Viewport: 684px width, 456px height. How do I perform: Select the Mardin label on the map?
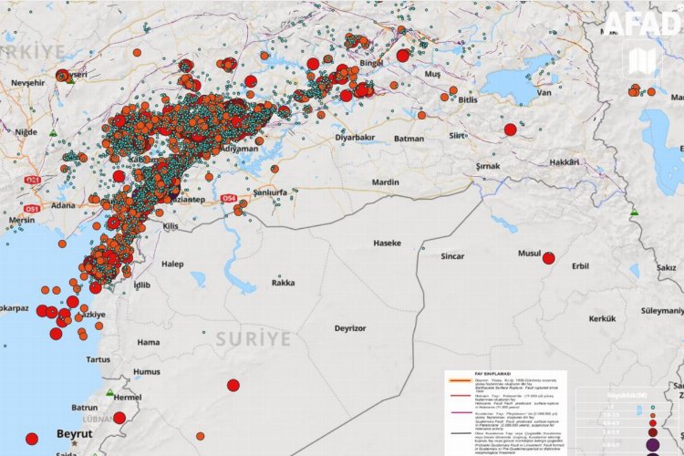pyautogui.click(x=386, y=182)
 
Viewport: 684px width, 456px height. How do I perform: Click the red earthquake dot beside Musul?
pyautogui.click(x=548, y=258)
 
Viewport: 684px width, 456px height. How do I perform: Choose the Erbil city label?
pyautogui.click(x=580, y=266)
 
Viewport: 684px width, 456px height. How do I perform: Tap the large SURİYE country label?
pyautogui.click(x=254, y=339)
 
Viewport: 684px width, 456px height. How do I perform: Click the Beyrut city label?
pyautogui.click(x=74, y=434)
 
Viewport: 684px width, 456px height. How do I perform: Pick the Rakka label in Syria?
pyautogui.click(x=283, y=283)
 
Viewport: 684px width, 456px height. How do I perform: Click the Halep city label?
pyautogui.click(x=172, y=264)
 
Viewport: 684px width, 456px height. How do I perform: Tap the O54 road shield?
pyautogui.click(x=228, y=198)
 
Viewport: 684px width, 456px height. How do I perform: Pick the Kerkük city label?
pyautogui.click(x=603, y=318)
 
